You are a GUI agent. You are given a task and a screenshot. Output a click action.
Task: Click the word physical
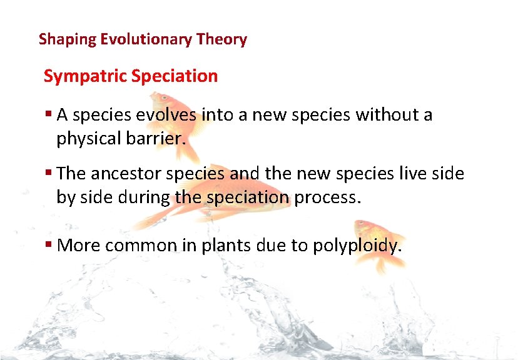point(89,139)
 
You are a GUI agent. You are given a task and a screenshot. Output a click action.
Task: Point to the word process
point(328,198)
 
